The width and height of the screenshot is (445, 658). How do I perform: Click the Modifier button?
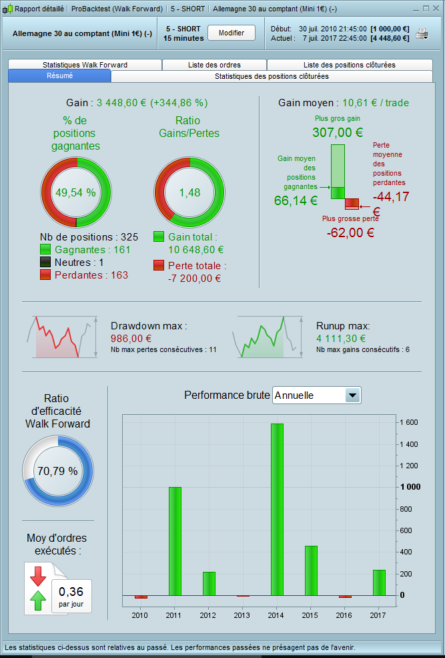(232, 33)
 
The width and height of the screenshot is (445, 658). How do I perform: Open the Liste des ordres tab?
(214, 65)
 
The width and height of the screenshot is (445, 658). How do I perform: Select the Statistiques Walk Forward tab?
(85, 65)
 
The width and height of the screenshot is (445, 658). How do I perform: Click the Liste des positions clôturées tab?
(349, 65)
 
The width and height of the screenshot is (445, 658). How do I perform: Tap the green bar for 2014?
(277, 509)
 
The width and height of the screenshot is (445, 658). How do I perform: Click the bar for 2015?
(311, 570)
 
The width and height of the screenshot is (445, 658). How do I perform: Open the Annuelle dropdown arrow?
(352, 395)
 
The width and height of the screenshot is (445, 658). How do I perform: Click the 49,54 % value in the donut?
(75, 192)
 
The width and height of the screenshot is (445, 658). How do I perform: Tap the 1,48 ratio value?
(189, 192)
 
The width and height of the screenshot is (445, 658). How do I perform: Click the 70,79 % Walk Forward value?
(57, 471)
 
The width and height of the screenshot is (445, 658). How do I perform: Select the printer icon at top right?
(422, 33)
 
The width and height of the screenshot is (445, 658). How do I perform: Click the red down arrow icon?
(37, 575)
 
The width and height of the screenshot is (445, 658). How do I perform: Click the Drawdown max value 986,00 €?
(131, 339)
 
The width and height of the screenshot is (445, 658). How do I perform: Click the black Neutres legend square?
(46, 263)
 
